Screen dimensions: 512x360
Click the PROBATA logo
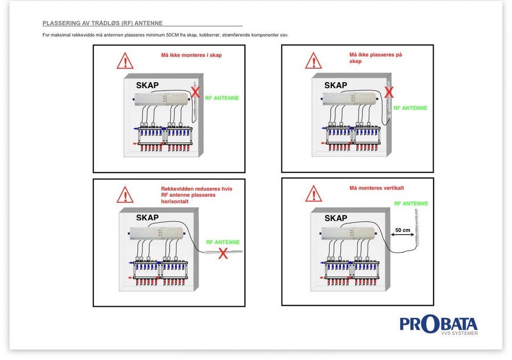(x=438, y=325)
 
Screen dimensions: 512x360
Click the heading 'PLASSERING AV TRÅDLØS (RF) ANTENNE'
(x=102, y=23)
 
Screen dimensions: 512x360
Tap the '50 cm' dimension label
(x=403, y=230)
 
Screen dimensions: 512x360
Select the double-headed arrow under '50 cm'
(x=402, y=234)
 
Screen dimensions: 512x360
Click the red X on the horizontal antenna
(x=223, y=253)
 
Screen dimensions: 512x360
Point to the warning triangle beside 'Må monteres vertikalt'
(x=314, y=194)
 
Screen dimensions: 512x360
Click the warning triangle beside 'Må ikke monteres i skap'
(x=125, y=61)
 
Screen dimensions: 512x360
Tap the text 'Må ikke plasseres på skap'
(x=375, y=58)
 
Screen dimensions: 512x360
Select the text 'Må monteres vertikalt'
(x=377, y=188)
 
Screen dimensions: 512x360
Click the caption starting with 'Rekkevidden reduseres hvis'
(x=197, y=195)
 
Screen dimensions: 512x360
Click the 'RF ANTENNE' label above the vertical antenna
(x=411, y=204)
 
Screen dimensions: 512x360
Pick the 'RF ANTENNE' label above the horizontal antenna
(x=223, y=242)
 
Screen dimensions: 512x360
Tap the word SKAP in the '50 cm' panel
(x=335, y=218)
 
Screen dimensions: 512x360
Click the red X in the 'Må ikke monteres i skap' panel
(x=195, y=92)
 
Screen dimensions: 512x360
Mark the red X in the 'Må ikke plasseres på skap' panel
(x=389, y=92)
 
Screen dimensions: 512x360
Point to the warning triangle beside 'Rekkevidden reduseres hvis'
(x=125, y=195)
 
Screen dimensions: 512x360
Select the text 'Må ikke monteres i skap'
(x=191, y=55)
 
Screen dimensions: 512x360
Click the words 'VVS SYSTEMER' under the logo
(x=459, y=333)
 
